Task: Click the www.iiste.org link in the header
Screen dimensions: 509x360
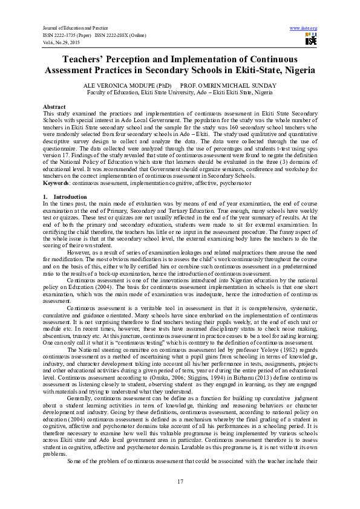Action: coord(304,28)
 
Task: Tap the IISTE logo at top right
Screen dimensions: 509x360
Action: coord(311,40)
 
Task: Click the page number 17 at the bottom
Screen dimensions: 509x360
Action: coord(180,481)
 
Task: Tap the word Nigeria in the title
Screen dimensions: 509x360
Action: coord(294,71)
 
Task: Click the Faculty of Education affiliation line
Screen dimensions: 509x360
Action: coord(180,92)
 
